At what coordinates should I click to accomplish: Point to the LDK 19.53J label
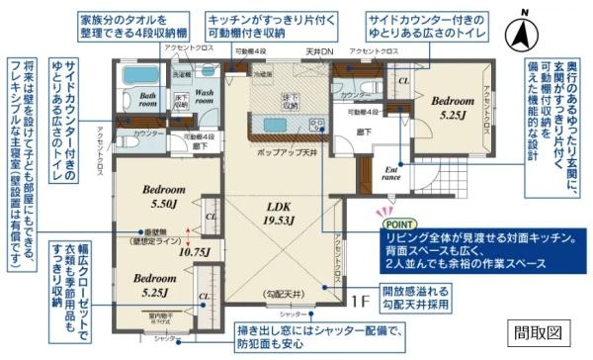[281, 214]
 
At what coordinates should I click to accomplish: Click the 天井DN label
[318, 50]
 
